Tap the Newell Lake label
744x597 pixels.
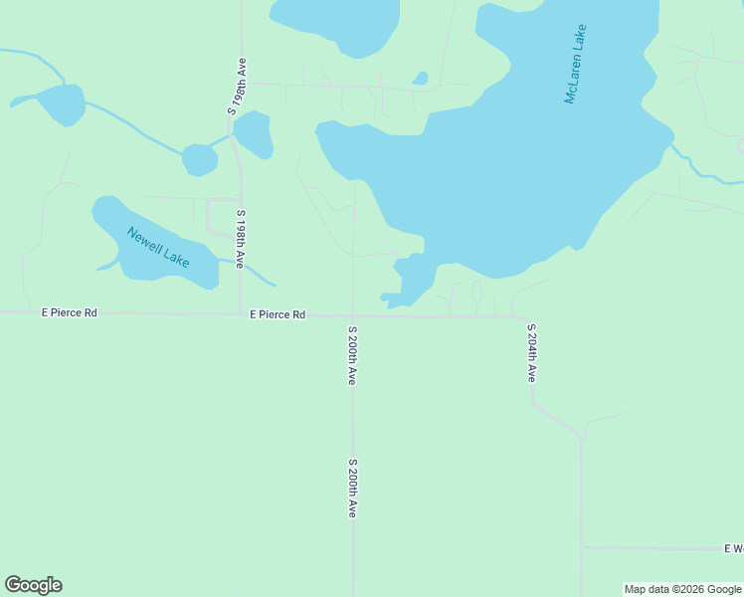tap(158, 247)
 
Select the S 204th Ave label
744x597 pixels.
tap(532, 353)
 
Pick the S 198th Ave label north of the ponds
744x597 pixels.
tap(237, 86)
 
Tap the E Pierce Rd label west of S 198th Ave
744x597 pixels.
tap(70, 312)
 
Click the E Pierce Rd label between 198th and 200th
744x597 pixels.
tap(278, 314)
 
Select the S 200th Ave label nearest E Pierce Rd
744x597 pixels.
tap(352, 355)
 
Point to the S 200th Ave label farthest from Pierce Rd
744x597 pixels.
tap(352, 488)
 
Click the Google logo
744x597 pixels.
tap(33, 585)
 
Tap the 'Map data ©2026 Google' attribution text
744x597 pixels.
tap(682, 589)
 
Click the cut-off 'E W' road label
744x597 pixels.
tap(734, 548)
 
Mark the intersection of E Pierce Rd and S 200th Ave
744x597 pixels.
tap(353, 316)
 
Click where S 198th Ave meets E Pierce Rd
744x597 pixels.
tap(241, 313)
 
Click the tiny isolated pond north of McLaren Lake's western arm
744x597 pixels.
tap(421, 78)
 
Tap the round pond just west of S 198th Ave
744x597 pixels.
tap(200, 159)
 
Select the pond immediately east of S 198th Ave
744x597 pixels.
tap(253, 134)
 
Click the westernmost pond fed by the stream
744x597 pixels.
tap(62, 103)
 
